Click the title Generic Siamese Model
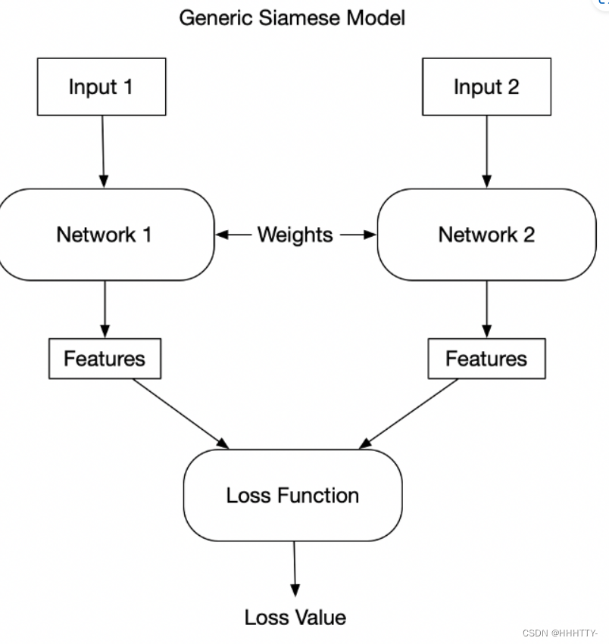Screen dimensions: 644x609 292,17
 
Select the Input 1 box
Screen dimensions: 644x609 101,87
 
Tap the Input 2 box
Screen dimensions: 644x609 486,87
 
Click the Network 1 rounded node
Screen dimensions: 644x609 105,235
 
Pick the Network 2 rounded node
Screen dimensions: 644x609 486,235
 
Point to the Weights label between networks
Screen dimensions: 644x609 295,235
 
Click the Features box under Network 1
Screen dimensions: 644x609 105,358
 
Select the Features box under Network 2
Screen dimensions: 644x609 486,358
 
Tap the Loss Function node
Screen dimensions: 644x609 292,496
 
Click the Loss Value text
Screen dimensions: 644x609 295,617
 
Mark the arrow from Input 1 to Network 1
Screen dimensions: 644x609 102,151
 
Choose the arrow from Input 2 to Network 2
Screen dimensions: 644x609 486,151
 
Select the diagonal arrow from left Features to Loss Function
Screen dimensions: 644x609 180,412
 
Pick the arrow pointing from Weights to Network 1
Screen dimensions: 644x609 233,235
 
